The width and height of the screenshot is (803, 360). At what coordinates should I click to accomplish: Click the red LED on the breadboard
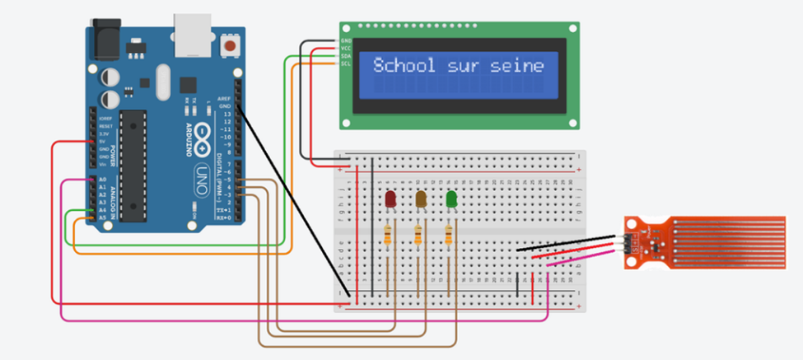click(391, 199)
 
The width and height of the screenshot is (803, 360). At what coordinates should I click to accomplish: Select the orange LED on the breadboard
click(421, 199)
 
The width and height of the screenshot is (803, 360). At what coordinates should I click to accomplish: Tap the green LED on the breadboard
click(451, 199)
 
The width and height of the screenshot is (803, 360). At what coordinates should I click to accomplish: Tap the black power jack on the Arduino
click(105, 40)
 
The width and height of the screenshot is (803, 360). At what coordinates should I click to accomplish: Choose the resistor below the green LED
click(450, 237)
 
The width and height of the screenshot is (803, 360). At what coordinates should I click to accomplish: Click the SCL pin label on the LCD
click(346, 63)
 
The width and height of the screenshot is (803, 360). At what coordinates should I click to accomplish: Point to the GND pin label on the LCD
click(346, 40)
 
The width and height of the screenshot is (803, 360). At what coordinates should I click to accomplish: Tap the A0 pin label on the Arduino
click(103, 179)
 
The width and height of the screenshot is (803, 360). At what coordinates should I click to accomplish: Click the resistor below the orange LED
click(420, 237)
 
